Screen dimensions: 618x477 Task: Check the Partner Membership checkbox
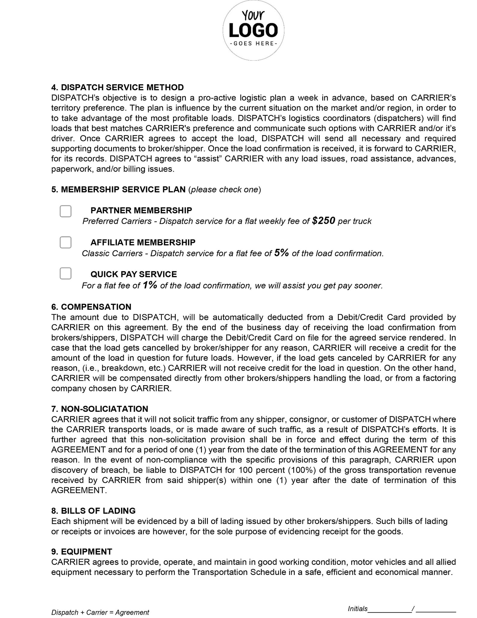[x=65, y=211]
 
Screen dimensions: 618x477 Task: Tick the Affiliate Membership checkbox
[x=65, y=242]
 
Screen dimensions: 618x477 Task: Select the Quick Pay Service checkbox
[x=65, y=273]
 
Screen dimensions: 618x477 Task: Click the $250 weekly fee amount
[x=323, y=221]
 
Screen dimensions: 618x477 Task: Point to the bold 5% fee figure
[x=281, y=253]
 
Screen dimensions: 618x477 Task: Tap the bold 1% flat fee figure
[x=150, y=285]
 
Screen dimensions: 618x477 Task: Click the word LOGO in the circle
[x=253, y=30]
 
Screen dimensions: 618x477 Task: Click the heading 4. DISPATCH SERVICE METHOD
[x=117, y=88]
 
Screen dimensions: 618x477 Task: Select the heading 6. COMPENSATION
[x=91, y=307]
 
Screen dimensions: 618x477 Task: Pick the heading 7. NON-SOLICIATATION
[x=100, y=409]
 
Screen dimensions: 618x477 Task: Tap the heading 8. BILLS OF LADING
[x=93, y=511]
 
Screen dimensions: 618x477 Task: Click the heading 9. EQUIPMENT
[x=82, y=552]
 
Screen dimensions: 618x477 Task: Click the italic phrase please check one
[x=225, y=190]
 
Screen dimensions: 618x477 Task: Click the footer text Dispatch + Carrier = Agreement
[x=100, y=613]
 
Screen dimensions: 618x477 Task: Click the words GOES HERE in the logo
[x=253, y=44]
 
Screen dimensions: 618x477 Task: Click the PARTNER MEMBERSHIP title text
[x=141, y=210]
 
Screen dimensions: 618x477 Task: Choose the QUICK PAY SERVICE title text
[x=134, y=274]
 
